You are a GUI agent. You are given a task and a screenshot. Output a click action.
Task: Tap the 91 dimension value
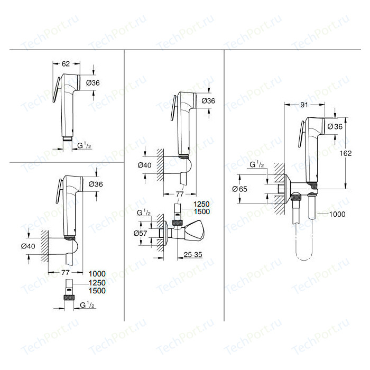coord(304,105)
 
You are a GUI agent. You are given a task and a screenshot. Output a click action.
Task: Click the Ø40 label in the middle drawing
coord(144,165)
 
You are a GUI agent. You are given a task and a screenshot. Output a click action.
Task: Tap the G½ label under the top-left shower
coord(85,144)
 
